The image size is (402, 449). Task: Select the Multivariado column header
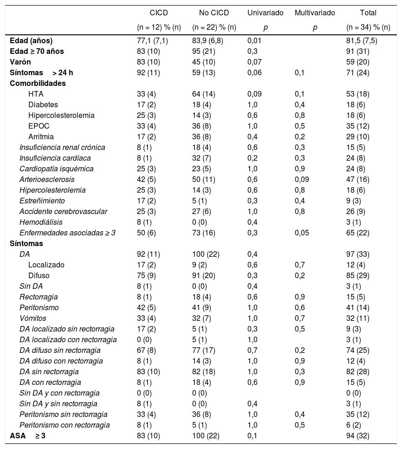pos(315,13)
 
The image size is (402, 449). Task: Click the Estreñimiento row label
pos(42,201)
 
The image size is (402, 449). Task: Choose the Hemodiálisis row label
pos(41,222)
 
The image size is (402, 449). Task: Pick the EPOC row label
pos(39,126)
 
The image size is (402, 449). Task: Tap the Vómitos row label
pos(32,318)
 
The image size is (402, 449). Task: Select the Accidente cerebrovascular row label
pos(63,211)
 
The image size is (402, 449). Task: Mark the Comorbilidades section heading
pos(38,83)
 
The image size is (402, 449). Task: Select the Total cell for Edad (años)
pos(362,40)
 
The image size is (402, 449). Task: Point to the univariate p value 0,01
pos(254,40)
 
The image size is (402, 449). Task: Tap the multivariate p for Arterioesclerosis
pos(303,179)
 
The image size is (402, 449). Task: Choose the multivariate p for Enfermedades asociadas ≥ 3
pos(303,233)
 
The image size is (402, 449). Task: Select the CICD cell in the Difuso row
pos(141,275)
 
